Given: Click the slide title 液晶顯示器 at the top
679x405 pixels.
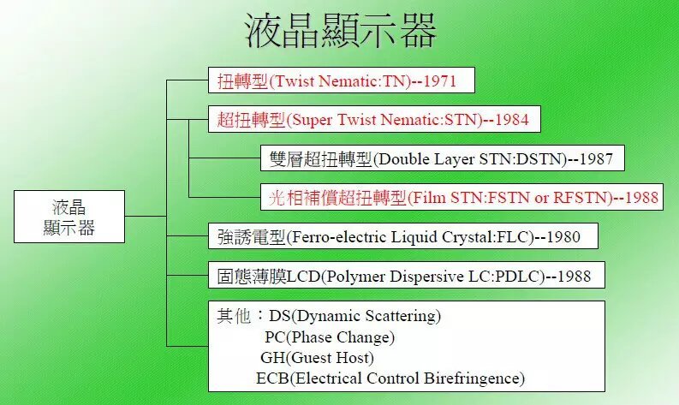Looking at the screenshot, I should [x=340, y=32].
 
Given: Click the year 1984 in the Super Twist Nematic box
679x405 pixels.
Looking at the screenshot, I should [x=518, y=120].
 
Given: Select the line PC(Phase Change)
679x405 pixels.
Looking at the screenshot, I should [x=330, y=337].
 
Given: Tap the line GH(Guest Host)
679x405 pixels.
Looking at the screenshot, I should [x=317, y=358].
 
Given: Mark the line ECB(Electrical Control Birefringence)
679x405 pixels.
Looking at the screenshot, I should [x=390, y=378].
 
